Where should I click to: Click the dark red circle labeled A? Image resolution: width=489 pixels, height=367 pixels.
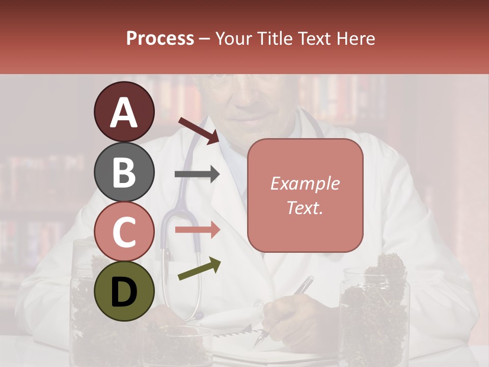[124, 112]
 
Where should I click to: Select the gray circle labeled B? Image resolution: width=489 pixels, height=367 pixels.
[124, 172]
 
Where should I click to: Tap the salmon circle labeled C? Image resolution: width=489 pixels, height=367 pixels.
[124, 231]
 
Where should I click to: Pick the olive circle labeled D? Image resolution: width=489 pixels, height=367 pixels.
[124, 291]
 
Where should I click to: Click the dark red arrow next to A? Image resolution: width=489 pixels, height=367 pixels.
[198, 130]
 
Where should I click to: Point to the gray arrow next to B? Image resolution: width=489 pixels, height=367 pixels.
[197, 174]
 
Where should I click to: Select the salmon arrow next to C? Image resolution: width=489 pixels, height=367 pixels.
[197, 229]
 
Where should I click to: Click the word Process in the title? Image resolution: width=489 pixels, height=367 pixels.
[160, 38]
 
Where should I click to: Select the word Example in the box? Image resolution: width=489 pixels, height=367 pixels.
[305, 183]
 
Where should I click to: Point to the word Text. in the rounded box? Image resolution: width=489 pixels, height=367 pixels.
[305, 207]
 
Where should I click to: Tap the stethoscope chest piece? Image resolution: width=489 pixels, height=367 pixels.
[196, 316]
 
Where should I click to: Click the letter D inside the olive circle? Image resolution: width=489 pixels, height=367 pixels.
[124, 292]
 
